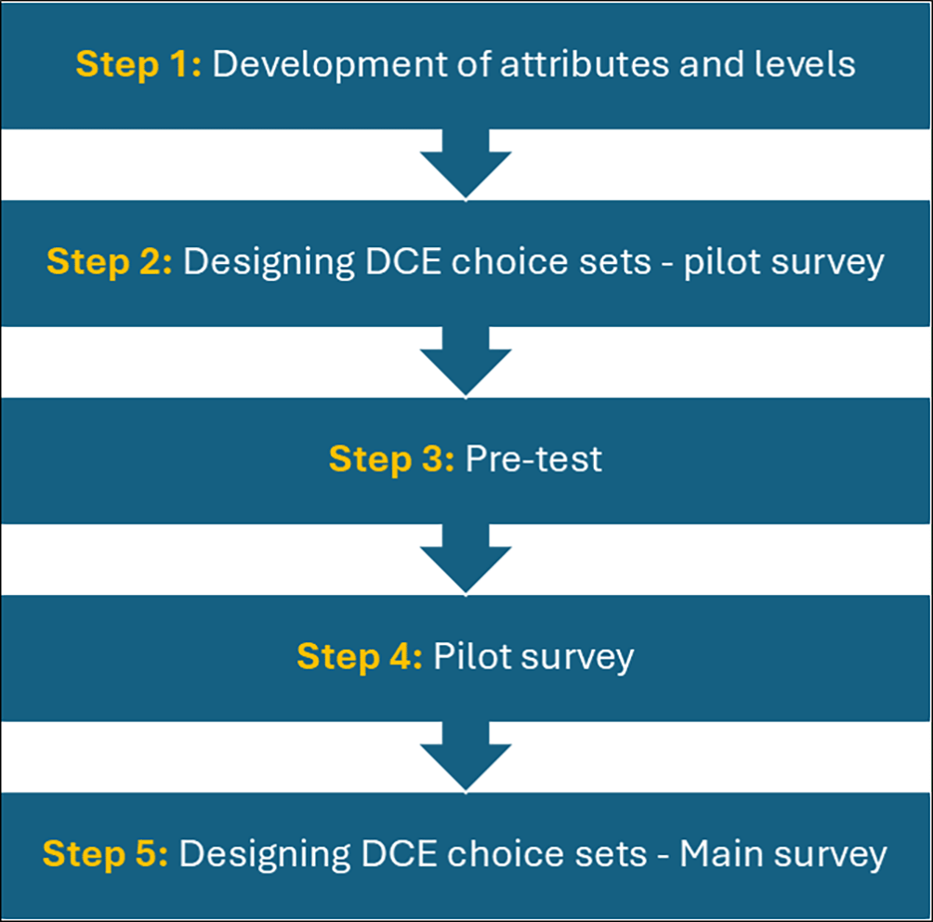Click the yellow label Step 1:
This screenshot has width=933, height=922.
(138, 64)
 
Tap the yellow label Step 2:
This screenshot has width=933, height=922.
(110, 262)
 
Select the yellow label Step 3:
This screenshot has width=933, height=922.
(391, 459)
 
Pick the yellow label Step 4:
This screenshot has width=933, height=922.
(360, 657)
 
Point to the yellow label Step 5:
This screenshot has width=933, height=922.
(105, 854)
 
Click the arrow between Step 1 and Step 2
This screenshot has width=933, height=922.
(466, 164)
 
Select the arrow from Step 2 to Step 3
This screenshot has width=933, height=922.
(466, 362)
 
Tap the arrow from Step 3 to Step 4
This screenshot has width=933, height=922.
(466, 559)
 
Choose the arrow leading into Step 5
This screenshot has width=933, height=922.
(466, 757)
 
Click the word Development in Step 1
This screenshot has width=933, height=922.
(330, 65)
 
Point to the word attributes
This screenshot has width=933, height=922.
(585, 64)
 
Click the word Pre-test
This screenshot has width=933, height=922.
(533, 459)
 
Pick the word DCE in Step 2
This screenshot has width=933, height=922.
(403, 262)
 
